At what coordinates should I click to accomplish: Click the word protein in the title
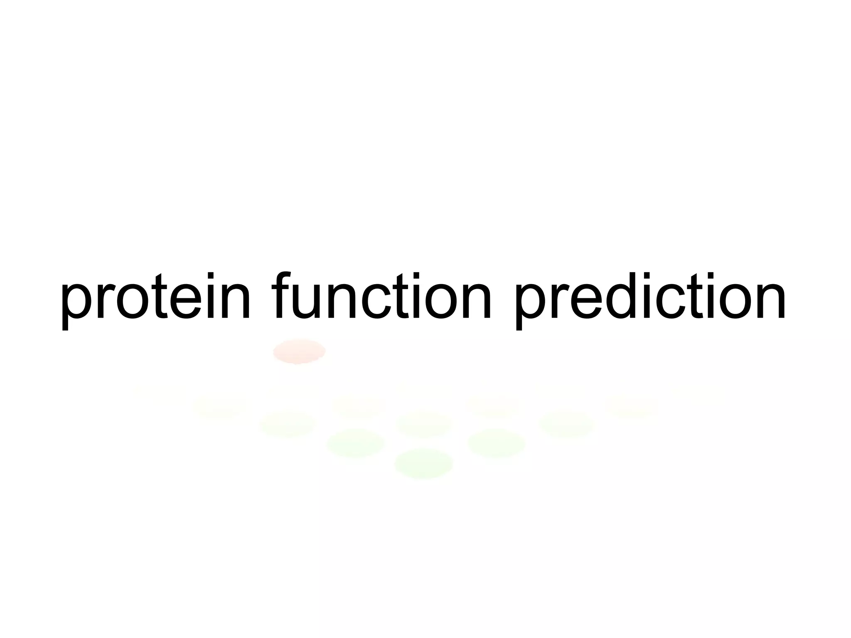click(156, 297)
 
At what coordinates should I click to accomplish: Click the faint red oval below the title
click(299, 351)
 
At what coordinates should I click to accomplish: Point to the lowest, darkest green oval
click(423, 463)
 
